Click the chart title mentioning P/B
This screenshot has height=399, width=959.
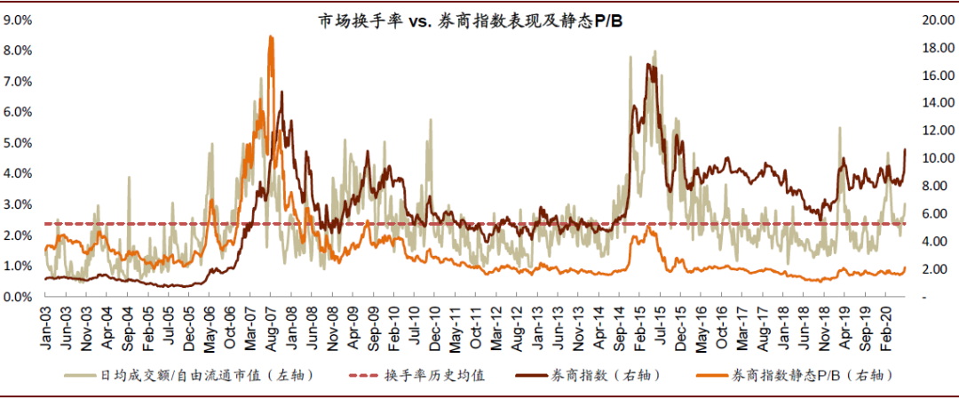pos(470,22)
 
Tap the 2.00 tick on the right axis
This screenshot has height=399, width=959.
pos(939,269)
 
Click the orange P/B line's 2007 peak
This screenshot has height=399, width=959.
pos(271,36)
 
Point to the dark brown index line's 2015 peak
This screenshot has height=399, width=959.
pos(647,64)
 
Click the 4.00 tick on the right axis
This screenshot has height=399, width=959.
pos(939,242)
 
